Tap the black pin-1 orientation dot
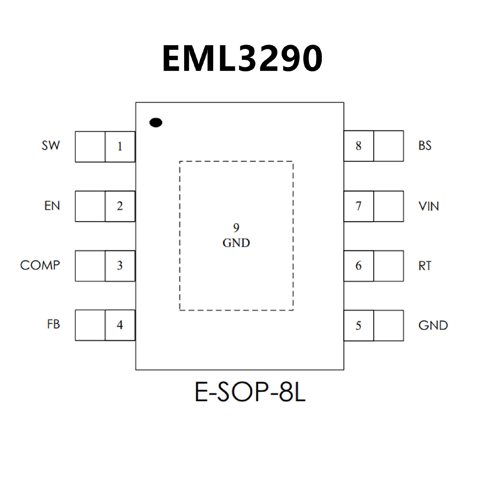coord(156,123)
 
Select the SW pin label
coord(51,145)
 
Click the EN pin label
coord(52,206)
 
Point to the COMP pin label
coord(40,265)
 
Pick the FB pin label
coord(53,325)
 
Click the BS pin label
coord(425,145)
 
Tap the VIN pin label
coord(428,206)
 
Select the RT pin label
coord(425,266)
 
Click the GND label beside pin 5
coord(433,326)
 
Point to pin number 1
coord(120,147)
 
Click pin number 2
coord(120,206)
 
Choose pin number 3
coord(120,266)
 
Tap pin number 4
coord(120,325)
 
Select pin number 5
coord(358,326)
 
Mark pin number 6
coord(358,266)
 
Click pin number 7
coord(358,206)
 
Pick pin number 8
coord(358,146)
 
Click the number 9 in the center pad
coord(236,228)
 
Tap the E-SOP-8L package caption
coord(250,392)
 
